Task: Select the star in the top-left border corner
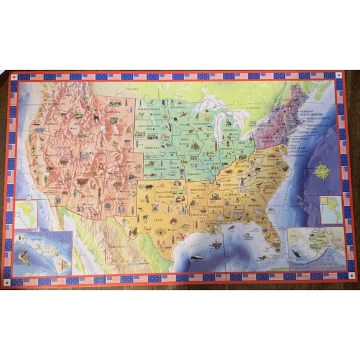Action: tap(14, 77)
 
